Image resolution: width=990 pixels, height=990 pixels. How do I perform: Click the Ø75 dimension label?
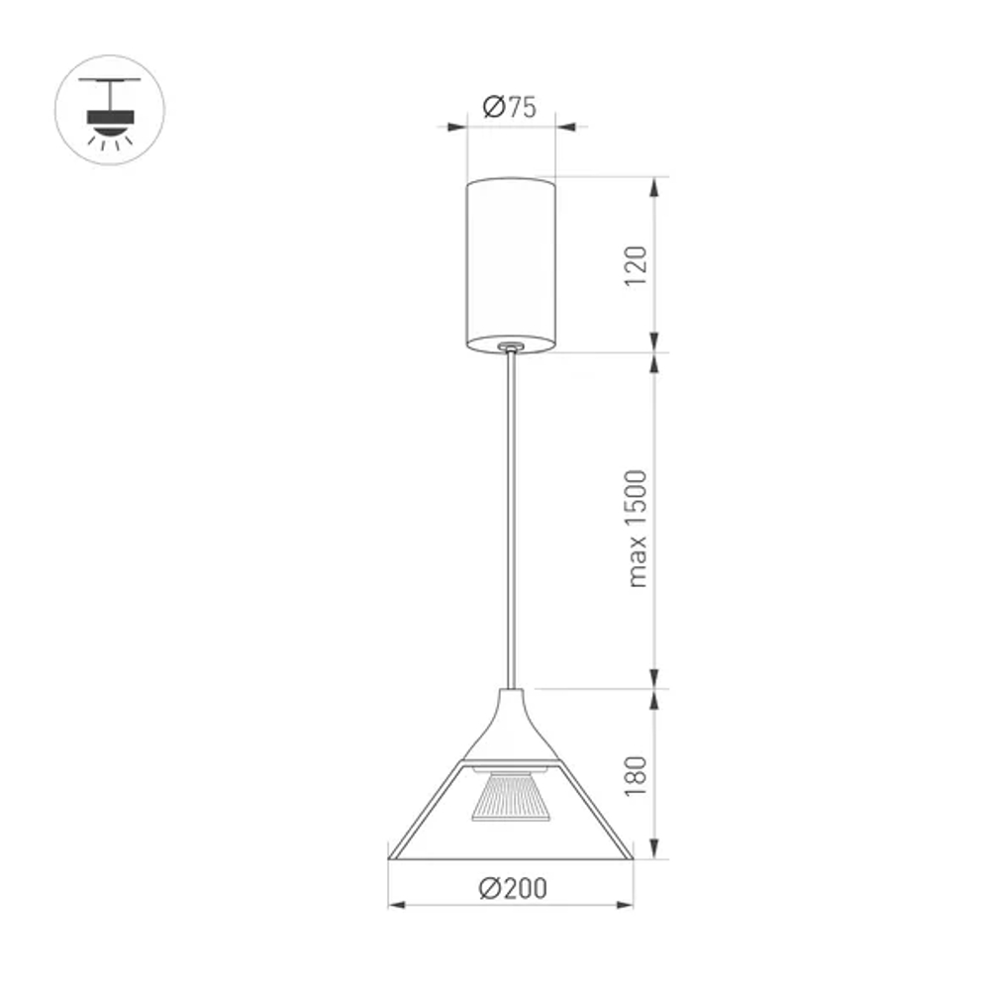(x=510, y=107)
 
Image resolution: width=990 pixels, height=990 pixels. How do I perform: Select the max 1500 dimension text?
(x=637, y=528)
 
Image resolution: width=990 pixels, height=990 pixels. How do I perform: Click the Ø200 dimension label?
(x=511, y=888)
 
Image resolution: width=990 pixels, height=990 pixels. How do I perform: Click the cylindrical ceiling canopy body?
(x=511, y=259)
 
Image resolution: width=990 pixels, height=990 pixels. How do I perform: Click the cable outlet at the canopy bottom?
(x=511, y=346)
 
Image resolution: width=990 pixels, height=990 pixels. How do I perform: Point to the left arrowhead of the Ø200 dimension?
(x=395, y=904)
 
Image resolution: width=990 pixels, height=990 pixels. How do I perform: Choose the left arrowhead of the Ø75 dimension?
(x=457, y=126)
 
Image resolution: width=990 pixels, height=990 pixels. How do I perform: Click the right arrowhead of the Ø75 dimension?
(x=564, y=126)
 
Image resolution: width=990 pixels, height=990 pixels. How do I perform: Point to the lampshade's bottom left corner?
(x=390, y=856)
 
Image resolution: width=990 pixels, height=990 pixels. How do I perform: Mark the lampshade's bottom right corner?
(x=632, y=856)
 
